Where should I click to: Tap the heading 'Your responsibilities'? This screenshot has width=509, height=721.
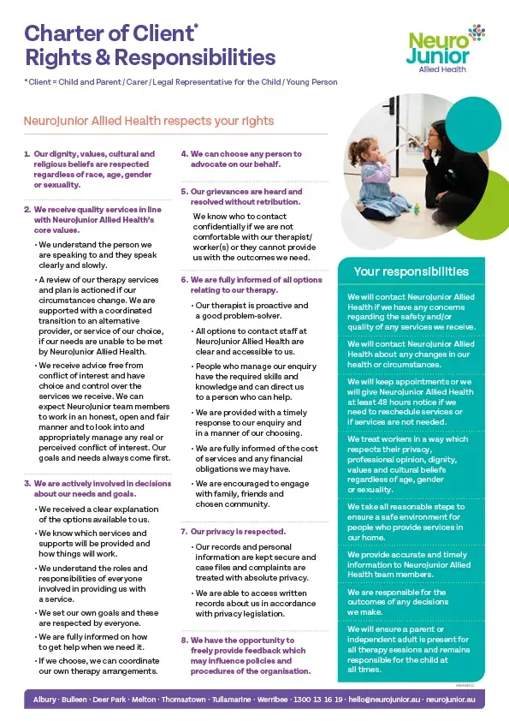pos(411,271)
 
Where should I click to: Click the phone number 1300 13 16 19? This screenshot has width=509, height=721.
pos(320,700)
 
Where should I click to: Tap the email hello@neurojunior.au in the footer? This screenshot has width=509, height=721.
pos(384,700)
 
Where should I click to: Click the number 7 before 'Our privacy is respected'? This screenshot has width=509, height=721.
pos(183,532)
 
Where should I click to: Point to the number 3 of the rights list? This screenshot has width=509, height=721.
pos(27,484)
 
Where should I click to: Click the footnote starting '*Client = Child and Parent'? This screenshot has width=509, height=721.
pos(181,82)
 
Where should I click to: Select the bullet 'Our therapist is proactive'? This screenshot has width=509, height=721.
pos(252,310)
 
